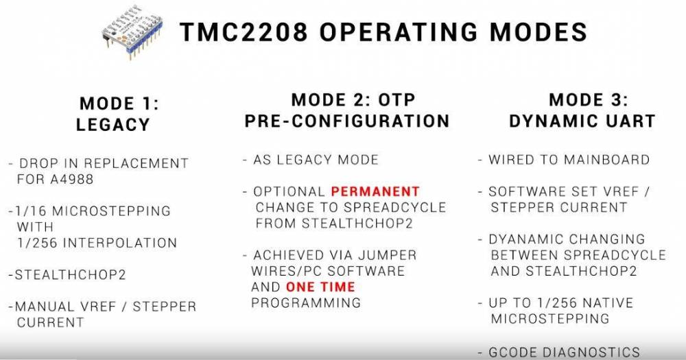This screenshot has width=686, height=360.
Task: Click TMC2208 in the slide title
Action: point(244,32)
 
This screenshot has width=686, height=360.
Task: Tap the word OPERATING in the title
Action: point(398,32)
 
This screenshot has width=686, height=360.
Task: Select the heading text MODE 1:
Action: point(119,104)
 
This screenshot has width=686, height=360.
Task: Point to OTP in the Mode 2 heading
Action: point(397,100)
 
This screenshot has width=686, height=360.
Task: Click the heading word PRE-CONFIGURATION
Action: point(347,121)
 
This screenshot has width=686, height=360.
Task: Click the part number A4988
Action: point(72,180)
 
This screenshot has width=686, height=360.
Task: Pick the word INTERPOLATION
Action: point(120,243)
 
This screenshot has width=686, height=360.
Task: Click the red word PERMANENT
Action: point(375,191)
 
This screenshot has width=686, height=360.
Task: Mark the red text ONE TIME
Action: point(320,287)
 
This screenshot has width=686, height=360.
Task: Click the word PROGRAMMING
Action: point(306,302)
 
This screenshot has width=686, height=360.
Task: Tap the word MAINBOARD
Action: point(606,160)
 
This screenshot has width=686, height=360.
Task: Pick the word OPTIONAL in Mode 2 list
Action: point(289,191)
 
